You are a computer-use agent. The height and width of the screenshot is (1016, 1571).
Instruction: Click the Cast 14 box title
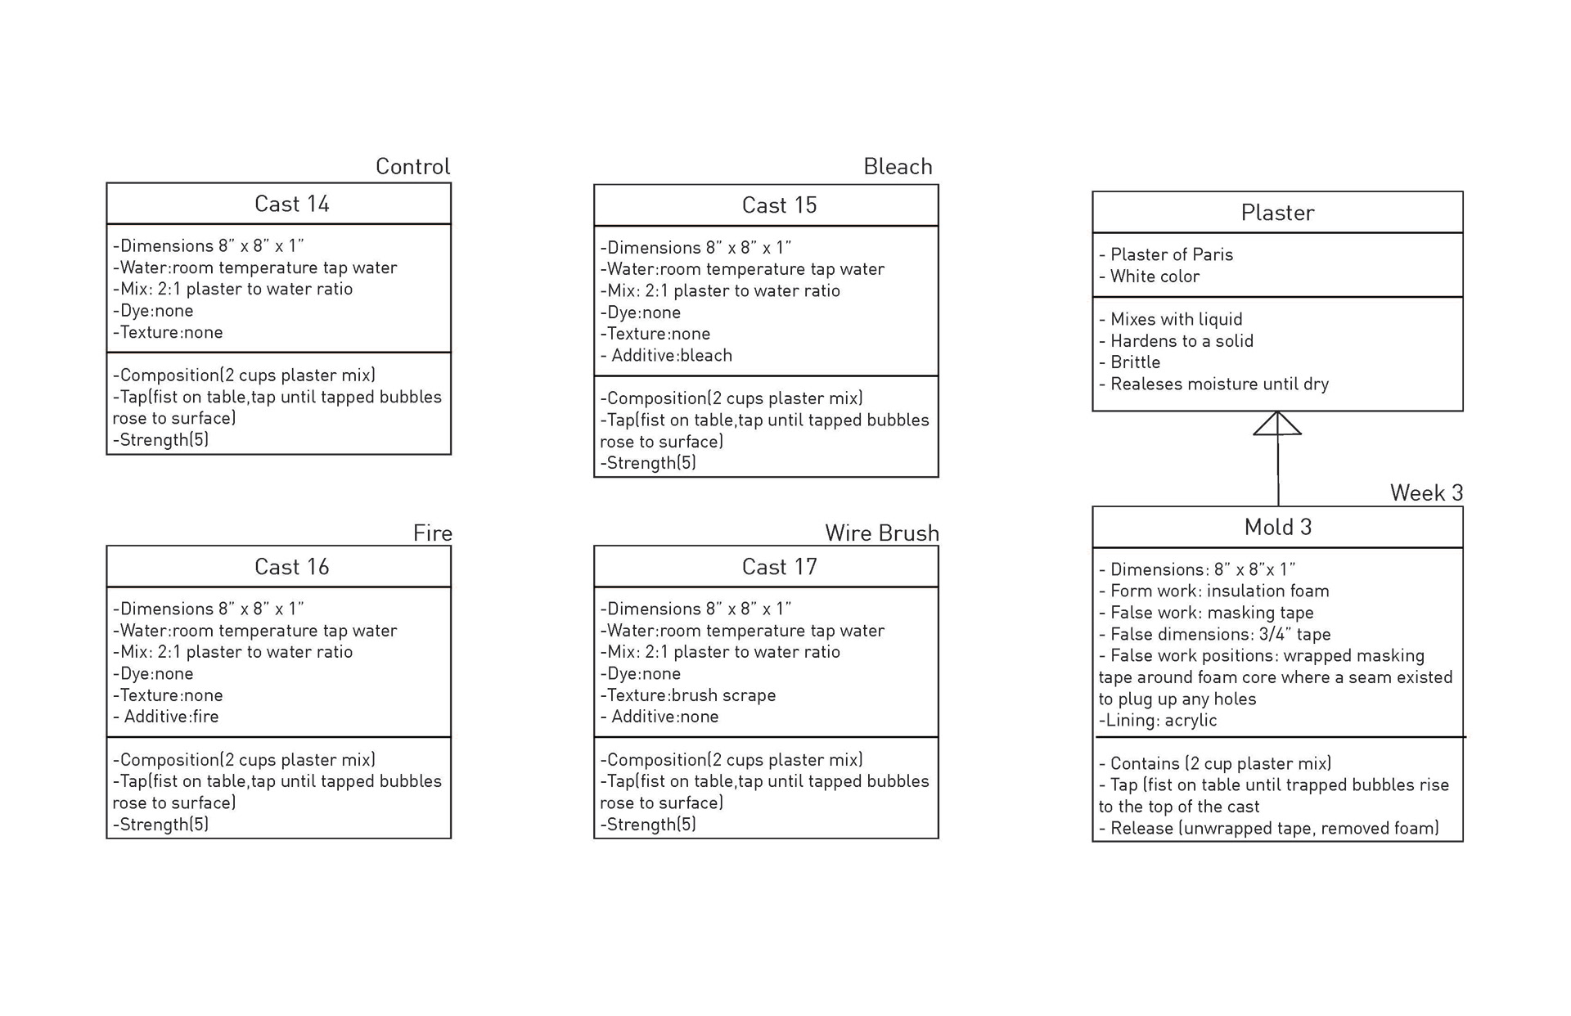291,204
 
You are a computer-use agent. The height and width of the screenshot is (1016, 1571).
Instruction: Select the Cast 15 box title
779,205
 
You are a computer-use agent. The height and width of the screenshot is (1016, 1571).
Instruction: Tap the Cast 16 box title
291,567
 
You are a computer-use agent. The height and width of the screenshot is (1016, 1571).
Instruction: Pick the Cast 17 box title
779,567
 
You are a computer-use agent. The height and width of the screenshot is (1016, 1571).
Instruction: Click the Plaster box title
1277,213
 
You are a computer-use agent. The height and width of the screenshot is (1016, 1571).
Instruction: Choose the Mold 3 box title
1277,528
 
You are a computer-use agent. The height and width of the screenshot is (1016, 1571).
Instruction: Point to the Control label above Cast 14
412,167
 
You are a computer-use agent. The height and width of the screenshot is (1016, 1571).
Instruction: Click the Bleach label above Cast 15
898,167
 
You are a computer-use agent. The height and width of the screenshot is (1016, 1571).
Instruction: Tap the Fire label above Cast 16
432,533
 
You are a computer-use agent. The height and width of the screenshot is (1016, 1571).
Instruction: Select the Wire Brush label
881,533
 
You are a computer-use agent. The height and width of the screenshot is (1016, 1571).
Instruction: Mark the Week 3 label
1426,493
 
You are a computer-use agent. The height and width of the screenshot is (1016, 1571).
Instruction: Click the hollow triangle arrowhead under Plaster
1277,424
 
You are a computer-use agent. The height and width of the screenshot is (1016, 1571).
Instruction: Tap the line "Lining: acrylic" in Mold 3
1158,721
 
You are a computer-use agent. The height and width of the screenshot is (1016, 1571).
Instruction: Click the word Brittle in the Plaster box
1135,362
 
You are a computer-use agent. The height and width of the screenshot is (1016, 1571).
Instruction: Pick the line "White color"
1154,276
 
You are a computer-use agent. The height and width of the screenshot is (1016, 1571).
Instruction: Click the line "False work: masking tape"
1211,613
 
